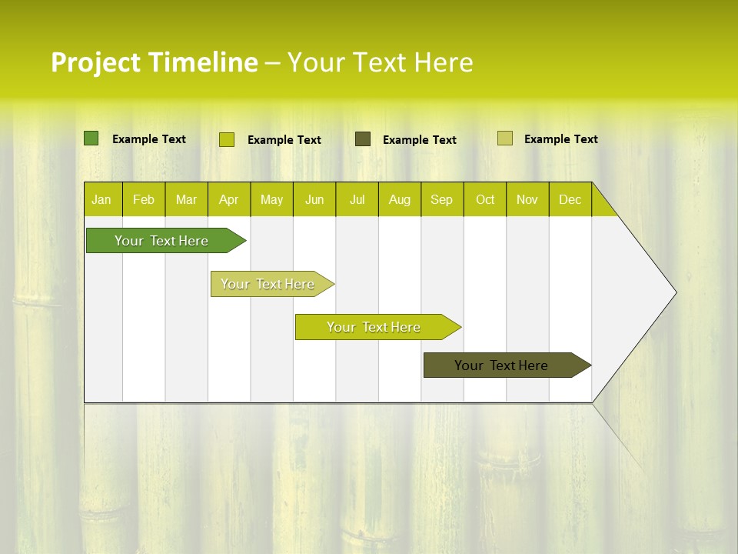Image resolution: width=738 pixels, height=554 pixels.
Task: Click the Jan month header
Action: click(x=101, y=199)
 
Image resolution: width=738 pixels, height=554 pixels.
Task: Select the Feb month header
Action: click(x=144, y=199)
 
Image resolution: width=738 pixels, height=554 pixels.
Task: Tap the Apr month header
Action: click(x=228, y=199)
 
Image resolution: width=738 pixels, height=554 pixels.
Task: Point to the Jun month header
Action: click(x=314, y=199)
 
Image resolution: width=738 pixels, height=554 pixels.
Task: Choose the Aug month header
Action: click(x=399, y=199)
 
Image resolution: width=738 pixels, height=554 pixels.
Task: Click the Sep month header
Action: click(x=441, y=199)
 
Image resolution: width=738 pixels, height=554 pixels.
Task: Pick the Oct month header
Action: click(x=485, y=199)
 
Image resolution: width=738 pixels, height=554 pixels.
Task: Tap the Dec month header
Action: click(x=570, y=199)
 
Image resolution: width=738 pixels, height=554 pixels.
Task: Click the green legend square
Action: click(x=91, y=138)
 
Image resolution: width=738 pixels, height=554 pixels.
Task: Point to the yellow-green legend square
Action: click(x=227, y=139)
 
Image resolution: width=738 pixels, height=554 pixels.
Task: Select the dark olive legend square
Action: click(x=363, y=138)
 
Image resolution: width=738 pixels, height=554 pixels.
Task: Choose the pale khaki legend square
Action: click(x=505, y=138)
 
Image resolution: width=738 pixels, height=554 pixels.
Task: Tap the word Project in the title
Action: click(x=96, y=62)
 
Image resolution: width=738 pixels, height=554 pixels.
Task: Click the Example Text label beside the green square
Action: click(x=149, y=139)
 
